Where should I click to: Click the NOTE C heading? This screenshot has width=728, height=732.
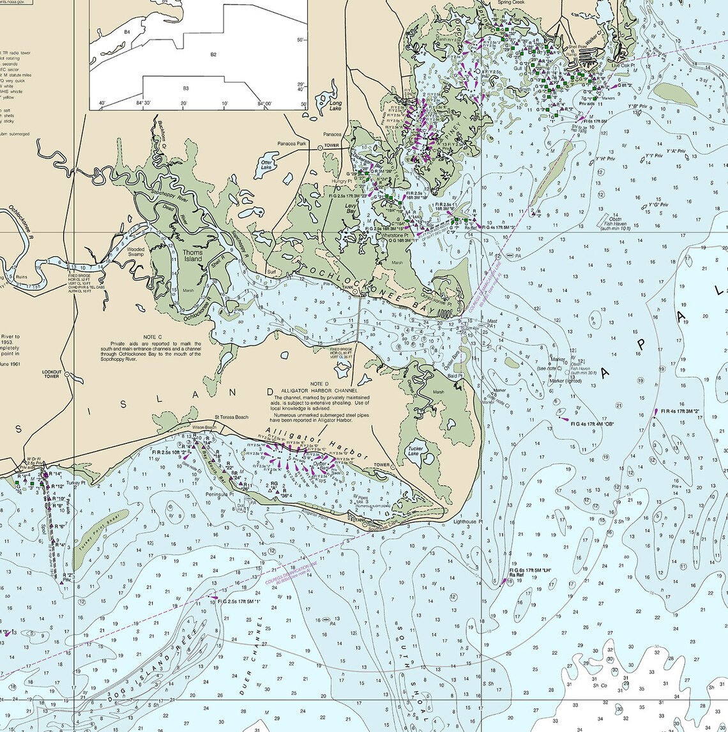click(151, 337)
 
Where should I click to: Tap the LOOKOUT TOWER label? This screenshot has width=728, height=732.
click(52, 374)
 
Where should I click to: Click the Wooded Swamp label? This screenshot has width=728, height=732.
click(135, 252)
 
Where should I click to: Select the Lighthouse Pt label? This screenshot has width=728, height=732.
click(469, 522)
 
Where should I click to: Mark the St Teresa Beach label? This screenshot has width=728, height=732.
click(231, 417)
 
